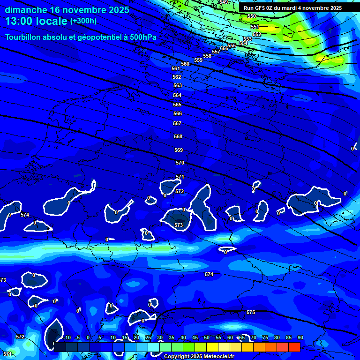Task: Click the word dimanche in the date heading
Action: [x=23, y=9]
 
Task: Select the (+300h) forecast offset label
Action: [x=83, y=21]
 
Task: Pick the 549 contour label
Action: [x=224, y=2]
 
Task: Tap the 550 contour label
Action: [x=252, y=16]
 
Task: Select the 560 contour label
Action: [x=185, y=64]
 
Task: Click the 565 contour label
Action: [x=177, y=105]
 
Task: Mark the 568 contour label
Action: [x=178, y=136]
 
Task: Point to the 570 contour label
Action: [x=180, y=163]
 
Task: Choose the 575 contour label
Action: [x=251, y=312]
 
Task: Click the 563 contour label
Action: [x=177, y=86]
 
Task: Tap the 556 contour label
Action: [x=224, y=48]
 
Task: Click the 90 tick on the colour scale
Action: [x=300, y=337]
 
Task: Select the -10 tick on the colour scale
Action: [x=67, y=337]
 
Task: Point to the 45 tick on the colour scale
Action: [x=195, y=337]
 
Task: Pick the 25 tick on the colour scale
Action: [x=148, y=337]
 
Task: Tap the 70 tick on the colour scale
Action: [x=253, y=337]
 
